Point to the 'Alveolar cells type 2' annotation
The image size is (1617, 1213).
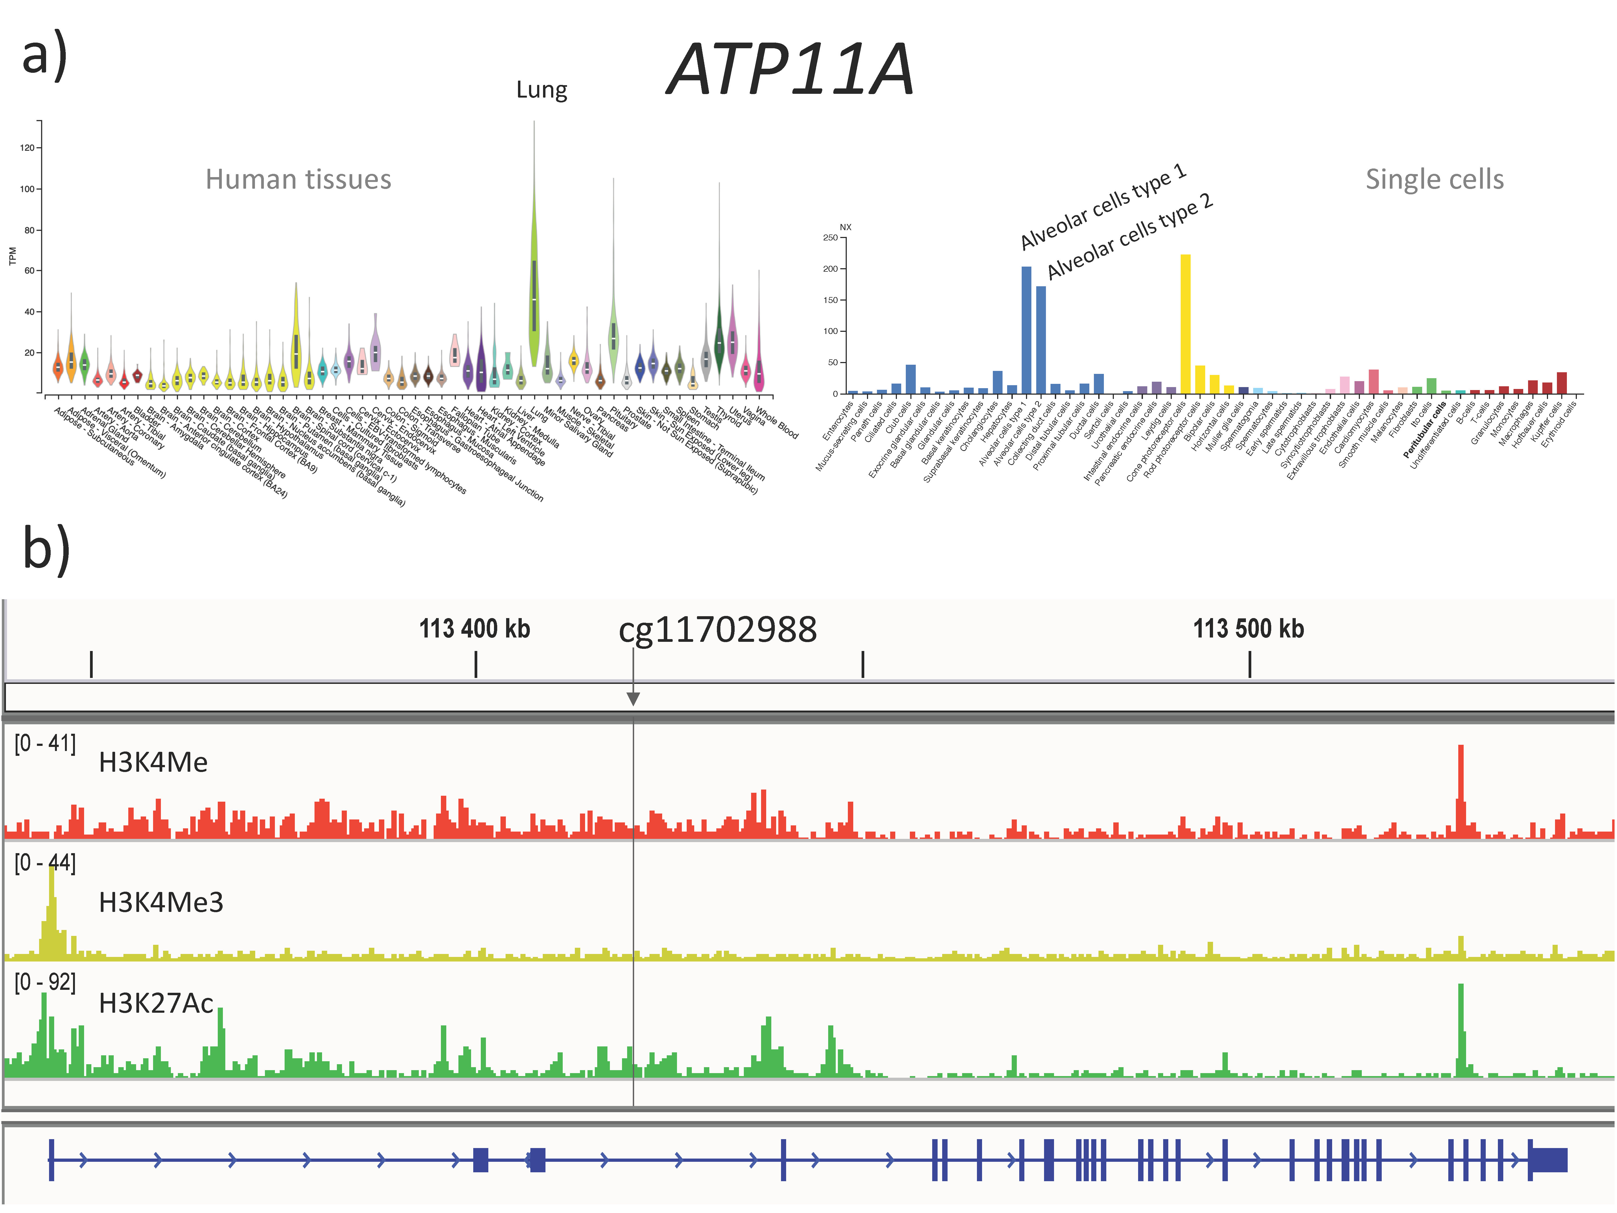(x=1129, y=236)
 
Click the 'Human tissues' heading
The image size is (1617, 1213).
(x=298, y=179)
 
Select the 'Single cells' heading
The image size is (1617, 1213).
(x=1434, y=179)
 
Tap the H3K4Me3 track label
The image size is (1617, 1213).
(x=161, y=902)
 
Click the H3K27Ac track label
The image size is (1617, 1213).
(x=156, y=1003)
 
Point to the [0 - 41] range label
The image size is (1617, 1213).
(x=45, y=744)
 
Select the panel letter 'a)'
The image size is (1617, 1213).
(x=45, y=55)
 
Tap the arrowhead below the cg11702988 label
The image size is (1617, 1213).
(x=633, y=698)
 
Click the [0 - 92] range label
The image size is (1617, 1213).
(x=45, y=982)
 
